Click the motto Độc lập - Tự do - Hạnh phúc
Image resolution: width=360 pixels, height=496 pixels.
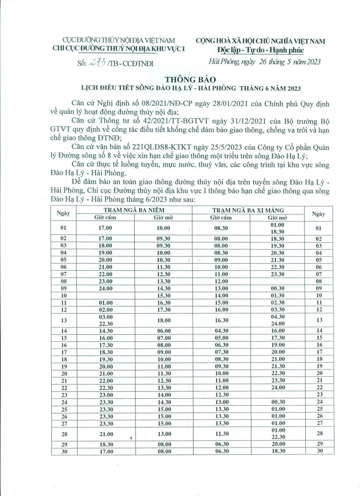coord(260,50)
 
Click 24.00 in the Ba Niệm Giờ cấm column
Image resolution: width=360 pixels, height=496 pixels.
coord(105,288)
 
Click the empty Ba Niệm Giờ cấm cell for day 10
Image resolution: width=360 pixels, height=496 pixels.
coord(105,295)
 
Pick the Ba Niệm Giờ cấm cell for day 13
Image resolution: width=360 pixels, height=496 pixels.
coord(105,320)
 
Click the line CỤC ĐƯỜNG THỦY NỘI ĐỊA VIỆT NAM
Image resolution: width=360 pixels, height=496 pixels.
coord(119,41)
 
